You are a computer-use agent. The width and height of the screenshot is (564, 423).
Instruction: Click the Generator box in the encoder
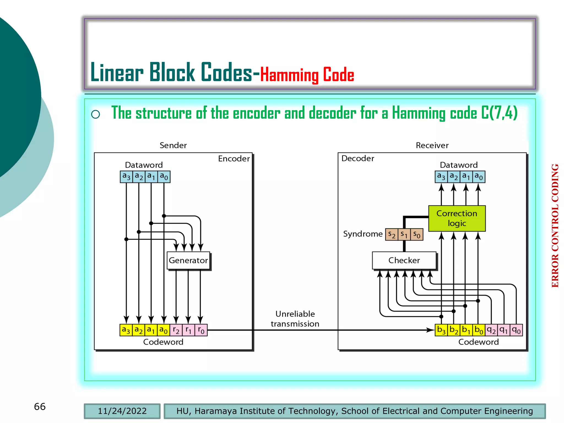188,260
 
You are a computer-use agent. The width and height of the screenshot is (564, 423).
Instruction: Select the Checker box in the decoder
404,260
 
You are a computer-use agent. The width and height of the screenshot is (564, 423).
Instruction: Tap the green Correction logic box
457,218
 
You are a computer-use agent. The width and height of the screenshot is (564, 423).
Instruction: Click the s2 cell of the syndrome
392,235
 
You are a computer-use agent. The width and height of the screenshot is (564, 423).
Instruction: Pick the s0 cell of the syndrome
417,235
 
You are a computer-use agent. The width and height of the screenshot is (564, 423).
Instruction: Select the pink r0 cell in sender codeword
201,330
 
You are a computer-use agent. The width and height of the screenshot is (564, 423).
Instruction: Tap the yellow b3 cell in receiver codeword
441,330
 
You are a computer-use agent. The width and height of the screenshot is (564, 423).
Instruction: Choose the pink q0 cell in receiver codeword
516,330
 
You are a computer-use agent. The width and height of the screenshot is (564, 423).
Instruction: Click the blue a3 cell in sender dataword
126,177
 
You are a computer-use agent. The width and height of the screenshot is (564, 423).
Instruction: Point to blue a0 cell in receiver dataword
479,177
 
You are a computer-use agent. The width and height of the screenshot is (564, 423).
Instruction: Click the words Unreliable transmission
295,319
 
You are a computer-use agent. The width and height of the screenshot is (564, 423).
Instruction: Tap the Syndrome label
363,234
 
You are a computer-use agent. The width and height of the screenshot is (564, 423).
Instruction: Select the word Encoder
234,159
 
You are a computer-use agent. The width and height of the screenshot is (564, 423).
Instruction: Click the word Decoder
358,158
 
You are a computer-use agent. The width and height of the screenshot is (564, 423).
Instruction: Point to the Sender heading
173,145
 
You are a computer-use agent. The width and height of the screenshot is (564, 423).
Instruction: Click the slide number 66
40,406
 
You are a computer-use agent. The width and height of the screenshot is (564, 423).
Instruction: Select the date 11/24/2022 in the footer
122,411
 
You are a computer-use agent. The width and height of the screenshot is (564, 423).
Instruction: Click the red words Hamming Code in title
307,75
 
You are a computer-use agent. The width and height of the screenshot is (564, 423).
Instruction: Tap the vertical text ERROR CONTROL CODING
555,226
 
